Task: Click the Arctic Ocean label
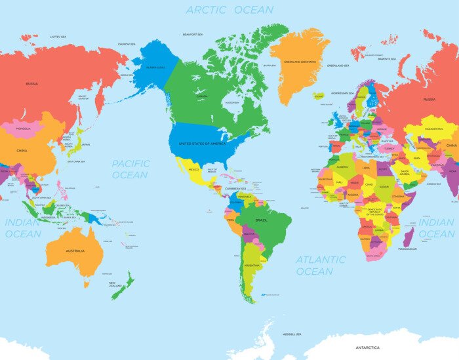(x=229, y=10)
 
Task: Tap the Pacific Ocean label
(x=130, y=169)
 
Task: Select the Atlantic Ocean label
(x=320, y=266)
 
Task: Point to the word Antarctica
(x=368, y=347)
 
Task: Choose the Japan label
(x=85, y=144)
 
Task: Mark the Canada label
(x=201, y=96)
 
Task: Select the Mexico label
(x=193, y=170)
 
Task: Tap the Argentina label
(x=251, y=265)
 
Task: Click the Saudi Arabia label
(x=405, y=172)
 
